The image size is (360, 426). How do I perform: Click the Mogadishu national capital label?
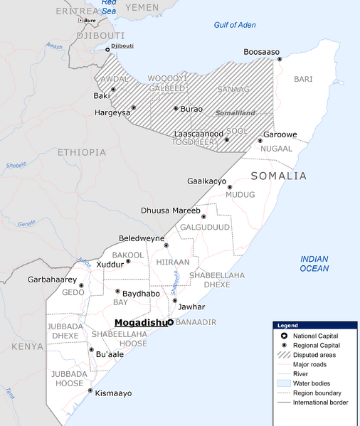point(140,322)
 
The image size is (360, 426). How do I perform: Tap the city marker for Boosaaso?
point(280,60)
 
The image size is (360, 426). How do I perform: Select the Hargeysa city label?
point(112,112)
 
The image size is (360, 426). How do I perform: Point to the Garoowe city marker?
point(260,140)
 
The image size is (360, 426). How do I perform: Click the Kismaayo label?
point(113,393)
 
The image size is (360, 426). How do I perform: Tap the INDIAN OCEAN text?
point(314,263)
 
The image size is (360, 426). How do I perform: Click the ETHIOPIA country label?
point(82,152)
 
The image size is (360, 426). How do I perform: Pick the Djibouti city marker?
point(108,49)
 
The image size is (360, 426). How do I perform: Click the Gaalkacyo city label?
point(206,181)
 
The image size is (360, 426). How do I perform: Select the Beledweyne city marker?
point(166,245)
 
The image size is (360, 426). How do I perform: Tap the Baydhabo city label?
point(141,293)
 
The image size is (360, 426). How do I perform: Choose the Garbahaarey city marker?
point(81,286)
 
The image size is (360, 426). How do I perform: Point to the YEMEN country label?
point(142,7)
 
